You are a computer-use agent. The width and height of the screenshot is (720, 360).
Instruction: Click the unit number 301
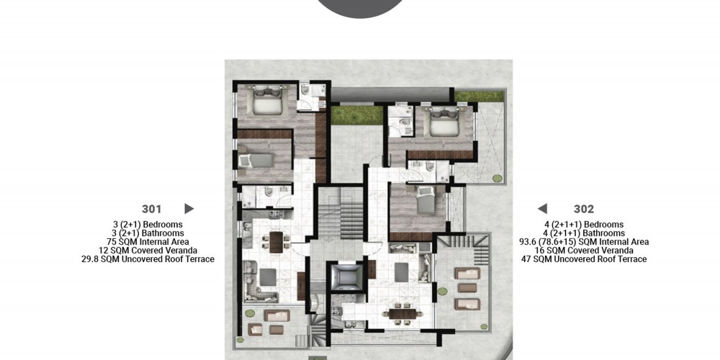coord(151,209)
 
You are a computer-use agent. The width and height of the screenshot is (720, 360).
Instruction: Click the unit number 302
coord(584,209)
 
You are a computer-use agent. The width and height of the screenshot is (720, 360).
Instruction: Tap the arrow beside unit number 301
coord(189,209)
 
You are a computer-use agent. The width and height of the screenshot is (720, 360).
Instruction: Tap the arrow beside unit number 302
coord(542,209)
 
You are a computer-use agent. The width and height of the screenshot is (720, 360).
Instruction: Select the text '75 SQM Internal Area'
coord(148,241)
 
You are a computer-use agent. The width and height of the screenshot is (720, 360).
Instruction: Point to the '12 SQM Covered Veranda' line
coord(148,251)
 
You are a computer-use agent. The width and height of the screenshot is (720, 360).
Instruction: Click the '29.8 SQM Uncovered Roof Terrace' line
coord(148,259)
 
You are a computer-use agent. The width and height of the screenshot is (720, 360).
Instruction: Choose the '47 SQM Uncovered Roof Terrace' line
coord(584,259)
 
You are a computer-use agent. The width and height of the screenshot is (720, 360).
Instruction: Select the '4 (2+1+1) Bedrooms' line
coord(584,225)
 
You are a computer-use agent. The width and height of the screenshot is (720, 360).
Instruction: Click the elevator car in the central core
coord(344,277)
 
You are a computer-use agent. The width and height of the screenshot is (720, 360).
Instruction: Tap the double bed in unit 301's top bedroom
coord(267,101)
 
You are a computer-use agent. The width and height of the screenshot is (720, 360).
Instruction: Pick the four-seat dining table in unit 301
coord(276,243)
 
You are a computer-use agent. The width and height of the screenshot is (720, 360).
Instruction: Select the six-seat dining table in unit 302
coord(403,313)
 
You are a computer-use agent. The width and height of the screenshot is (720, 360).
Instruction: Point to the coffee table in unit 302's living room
coord(401,272)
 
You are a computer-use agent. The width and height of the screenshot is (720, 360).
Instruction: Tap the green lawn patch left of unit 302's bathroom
coord(357,115)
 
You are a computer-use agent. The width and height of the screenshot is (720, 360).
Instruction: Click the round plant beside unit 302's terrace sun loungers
coord(442,291)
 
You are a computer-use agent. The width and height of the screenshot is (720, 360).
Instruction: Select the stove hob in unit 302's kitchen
coord(336,310)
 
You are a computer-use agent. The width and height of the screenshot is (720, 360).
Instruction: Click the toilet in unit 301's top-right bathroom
coord(305,89)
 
